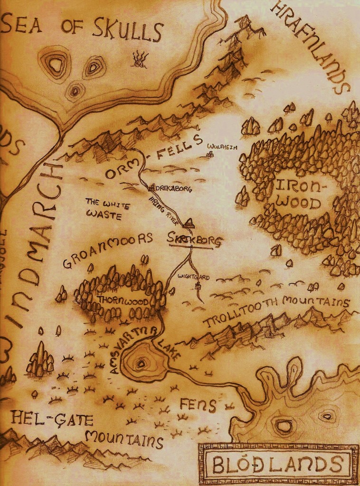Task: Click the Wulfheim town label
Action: (x=221, y=148)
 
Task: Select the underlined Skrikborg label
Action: (x=195, y=241)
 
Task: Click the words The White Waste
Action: (x=107, y=209)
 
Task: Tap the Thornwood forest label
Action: (x=123, y=300)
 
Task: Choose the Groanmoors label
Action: (x=108, y=249)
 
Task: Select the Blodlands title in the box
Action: (x=277, y=464)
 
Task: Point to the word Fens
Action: (x=198, y=404)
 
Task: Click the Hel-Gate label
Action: (x=52, y=418)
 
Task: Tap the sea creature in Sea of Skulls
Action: (x=140, y=59)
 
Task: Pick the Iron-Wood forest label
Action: (x=298, y=194)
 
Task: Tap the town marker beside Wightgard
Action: (x=198, y=285)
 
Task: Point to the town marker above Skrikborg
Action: (x=189, y=222)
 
